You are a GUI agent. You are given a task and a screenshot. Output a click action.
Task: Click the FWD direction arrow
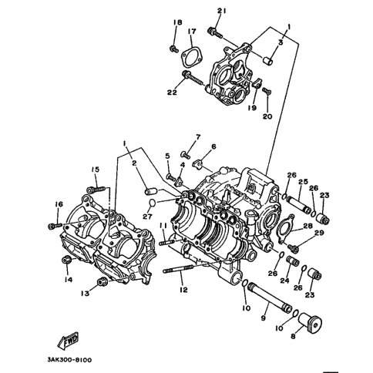tap(68, 341)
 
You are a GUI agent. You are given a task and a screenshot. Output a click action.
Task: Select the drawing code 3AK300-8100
tap(69, 360)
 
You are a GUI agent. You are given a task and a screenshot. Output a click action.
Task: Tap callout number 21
tap(221, 11)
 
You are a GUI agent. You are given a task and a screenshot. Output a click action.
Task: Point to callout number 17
tap(192, 32)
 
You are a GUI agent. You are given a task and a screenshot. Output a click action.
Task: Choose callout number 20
tap(267, 116)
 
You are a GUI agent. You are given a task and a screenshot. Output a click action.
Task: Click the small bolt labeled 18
tap(174, 49)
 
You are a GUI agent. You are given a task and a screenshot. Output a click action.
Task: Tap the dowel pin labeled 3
tap(267, 61)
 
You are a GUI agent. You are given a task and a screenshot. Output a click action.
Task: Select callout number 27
tap(147, 217)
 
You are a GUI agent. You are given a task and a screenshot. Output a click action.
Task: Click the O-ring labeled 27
tap(153, 203)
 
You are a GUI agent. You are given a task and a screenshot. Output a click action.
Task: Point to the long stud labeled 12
tap(178, 269)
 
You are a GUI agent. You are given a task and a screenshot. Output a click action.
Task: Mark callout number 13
tap(85, 293)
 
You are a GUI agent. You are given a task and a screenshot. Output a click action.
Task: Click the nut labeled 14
tap(66, 260)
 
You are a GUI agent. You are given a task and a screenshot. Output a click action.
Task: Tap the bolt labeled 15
tap(96, 190)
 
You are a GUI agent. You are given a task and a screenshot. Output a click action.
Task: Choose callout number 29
tap(319, 234)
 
